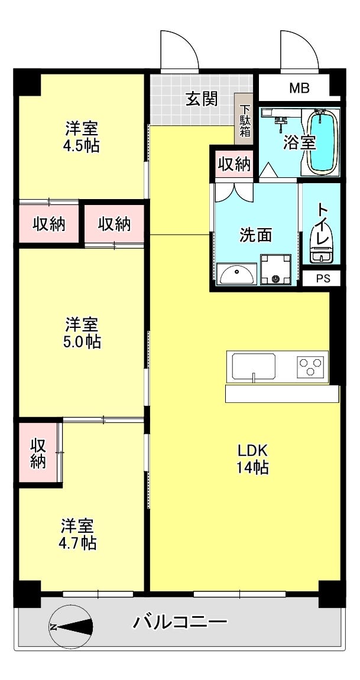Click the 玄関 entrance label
pos(202,100)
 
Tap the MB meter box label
pos(300,89)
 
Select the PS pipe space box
pos(321,278)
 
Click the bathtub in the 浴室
pos(322,142)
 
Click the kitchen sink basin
pos(254,367)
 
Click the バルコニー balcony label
pos(180,623)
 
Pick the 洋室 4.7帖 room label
pos(78,534)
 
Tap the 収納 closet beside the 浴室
pos(233,164)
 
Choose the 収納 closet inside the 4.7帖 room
pos(38,453)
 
